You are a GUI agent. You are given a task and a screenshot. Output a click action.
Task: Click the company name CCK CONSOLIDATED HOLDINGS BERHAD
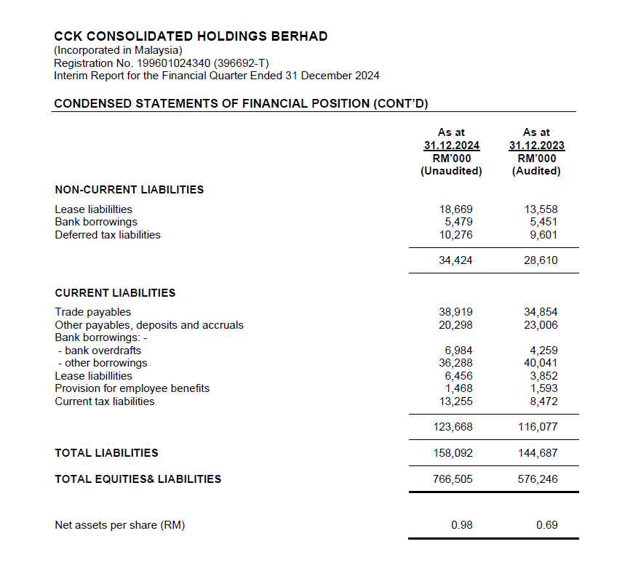point(191,36)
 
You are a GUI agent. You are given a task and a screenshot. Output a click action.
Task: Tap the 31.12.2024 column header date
point(451,145)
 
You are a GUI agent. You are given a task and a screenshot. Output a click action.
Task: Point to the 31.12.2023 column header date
point(536,145)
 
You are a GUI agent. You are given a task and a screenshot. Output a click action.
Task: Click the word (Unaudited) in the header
point(451,171)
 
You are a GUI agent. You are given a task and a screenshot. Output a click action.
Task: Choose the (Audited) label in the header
point(536,171)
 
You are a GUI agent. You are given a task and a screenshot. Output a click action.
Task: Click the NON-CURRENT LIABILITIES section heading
point(129,190)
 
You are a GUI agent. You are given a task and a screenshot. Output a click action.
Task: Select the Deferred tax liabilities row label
point(108,235)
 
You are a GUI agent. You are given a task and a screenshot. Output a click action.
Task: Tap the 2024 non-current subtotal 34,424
point(455,260)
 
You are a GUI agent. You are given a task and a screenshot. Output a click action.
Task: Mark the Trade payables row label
point(93,312)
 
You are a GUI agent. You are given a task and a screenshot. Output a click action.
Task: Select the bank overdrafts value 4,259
point(543,351)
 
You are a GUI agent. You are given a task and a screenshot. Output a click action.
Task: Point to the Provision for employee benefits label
point(132,388)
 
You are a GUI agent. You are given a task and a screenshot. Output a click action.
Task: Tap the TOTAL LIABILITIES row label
point(106,453)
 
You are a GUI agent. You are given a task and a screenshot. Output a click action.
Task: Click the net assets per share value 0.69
point(546,524)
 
